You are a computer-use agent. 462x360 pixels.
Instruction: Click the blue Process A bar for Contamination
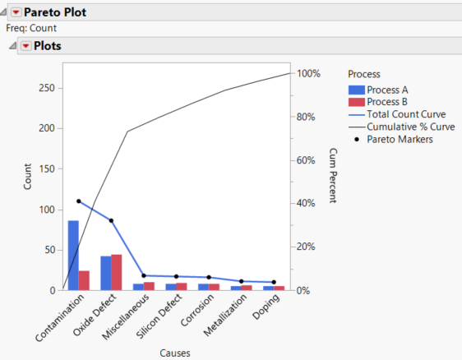click(73, 255)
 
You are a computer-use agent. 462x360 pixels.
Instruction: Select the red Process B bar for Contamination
click(84, 279)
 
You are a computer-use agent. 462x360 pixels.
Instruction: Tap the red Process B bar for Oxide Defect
click(117, 272)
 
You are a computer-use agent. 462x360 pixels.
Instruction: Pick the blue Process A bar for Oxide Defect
click(106, 273)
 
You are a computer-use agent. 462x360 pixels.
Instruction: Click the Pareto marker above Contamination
click(79, 201)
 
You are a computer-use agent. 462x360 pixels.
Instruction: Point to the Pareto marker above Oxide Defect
click(111, 220)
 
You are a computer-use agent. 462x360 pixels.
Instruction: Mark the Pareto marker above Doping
click(274, 282)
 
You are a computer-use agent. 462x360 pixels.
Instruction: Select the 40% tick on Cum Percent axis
click(308, 204)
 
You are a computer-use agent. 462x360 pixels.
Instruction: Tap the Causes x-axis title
click(176, 353)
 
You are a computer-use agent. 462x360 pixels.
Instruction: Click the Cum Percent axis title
click(333, 176)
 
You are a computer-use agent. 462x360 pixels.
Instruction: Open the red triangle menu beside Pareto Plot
click(16, 12)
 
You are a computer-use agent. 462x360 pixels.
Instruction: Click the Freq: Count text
click(30, 28)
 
